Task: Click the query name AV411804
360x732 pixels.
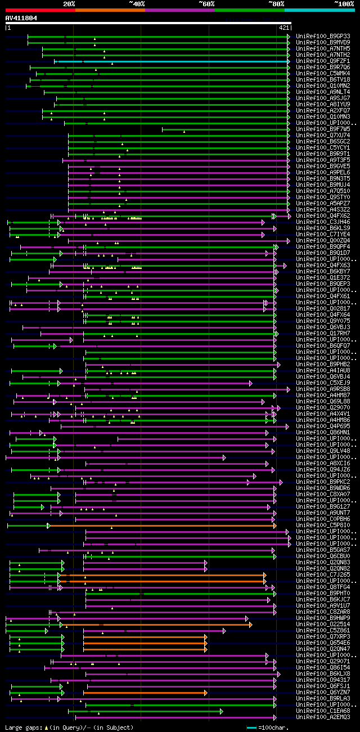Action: point(21,18)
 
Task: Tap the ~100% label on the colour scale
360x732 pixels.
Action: point(344,3)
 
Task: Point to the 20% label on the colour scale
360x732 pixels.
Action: point(69,3)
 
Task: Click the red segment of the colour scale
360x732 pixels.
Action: point(40,10)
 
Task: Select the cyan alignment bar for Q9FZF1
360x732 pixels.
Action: point(169,61)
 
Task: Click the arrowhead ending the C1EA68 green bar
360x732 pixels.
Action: point(222,711)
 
